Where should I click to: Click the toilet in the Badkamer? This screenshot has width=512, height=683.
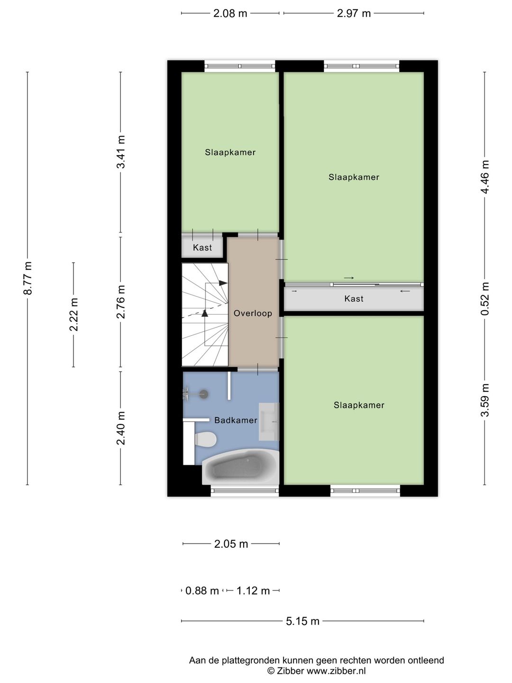pyautogui.click(x=205, y=439)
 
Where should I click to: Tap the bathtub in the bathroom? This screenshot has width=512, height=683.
pyautogui.click(x=241, y=466)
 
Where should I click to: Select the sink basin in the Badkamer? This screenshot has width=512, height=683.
pyautogui.click(x=269, y=422)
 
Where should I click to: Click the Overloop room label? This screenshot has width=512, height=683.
pyautogui.click(x=253, y=313)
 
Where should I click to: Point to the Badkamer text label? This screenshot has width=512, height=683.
pyautogui.click(x=236, y=420)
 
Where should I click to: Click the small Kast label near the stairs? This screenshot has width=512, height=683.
pyautogui.click(x=202, y=248)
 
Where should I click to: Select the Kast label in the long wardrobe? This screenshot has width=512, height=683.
pyautogui.click(x=354, y=299)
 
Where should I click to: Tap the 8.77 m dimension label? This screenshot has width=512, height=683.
pyautogui.click(x=27, y=278)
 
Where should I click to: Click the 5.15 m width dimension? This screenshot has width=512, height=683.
pyautogui.click(x=302, y=621)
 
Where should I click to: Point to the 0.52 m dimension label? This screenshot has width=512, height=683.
pyautogui.click(x=485, y=298)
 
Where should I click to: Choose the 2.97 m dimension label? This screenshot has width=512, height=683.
pyautogui.click(x=354, y=13)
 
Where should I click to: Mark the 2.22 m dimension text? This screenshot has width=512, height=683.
pyautogui.click(x=73, y=314)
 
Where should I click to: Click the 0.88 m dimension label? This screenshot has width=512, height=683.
pyautogui.click(x=202, y=591)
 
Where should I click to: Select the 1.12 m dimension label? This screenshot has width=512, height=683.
pyautogui.click(x=253, y=591)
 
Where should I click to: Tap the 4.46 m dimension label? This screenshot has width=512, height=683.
pyautogui.click(x=485, y=177)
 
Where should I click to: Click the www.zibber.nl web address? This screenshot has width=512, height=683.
pyautogui.click(x=336, y=671)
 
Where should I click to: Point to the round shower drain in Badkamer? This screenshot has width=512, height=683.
pyautogui.click(x=204, y=394)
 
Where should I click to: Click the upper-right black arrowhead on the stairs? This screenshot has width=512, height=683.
pyautogui.click(x=223, y=283)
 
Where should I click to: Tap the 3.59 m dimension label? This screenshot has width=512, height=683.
pyautogui.click(x=485, y=400)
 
